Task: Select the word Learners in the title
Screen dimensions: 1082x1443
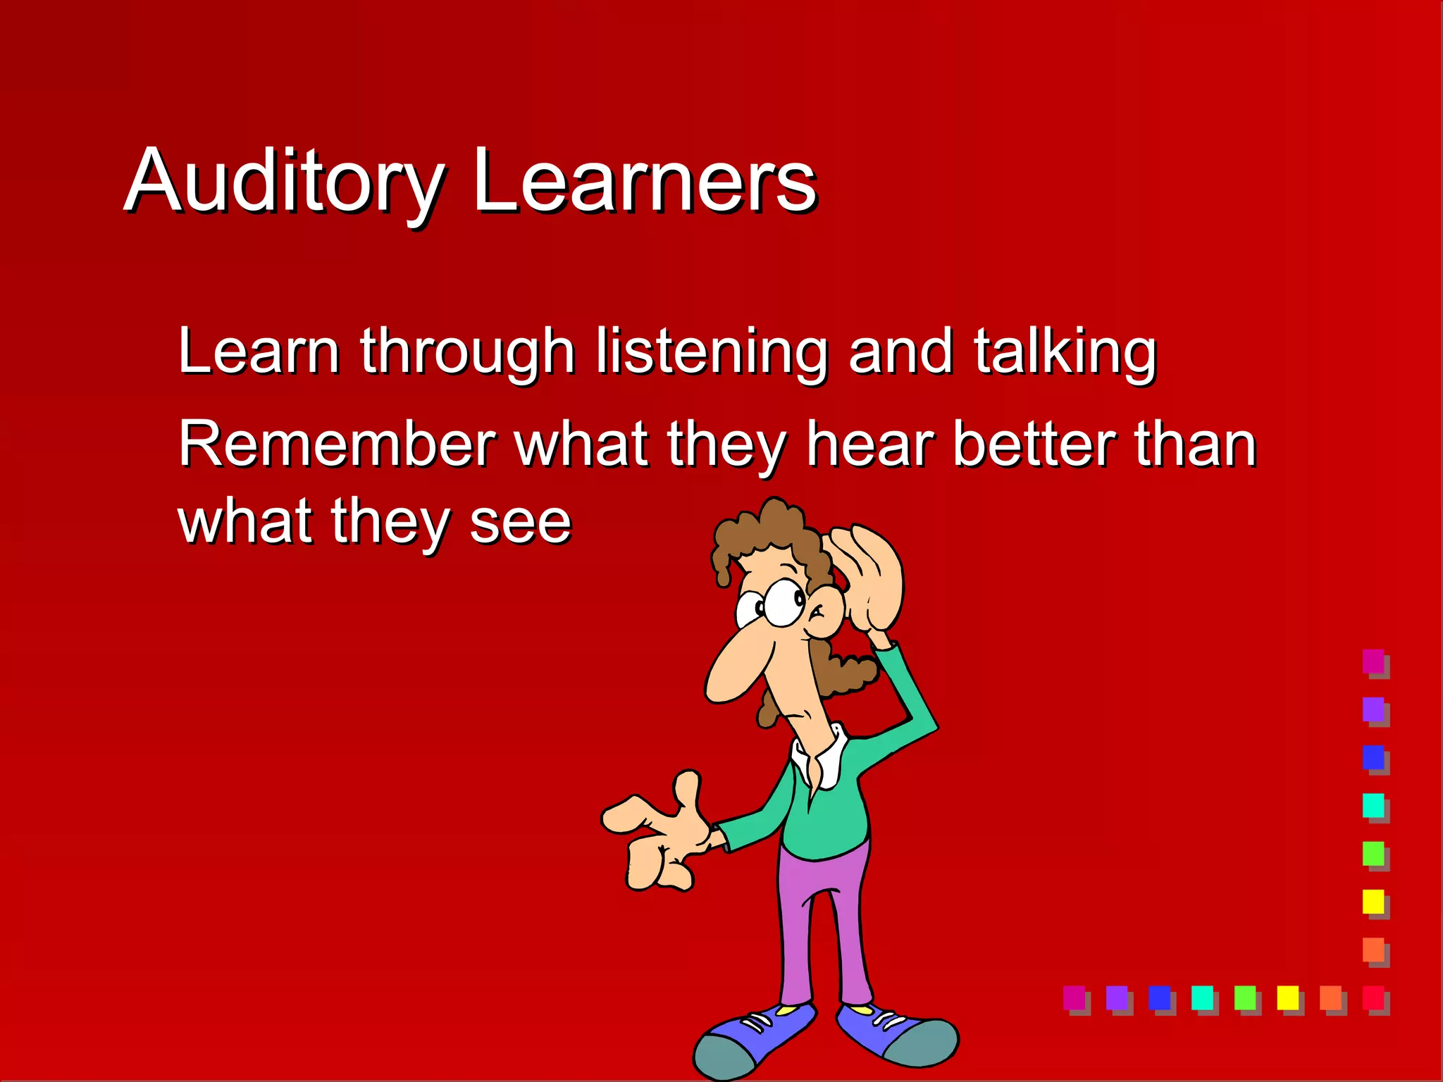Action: click(645, 182)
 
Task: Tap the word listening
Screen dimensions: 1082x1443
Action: click(712, 352)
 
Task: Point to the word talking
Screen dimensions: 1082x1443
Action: click(1065, 352)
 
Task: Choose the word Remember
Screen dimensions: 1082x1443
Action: click(337, 444)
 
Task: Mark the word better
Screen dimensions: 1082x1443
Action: click(1034, 444)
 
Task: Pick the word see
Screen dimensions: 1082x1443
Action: click(520, 523)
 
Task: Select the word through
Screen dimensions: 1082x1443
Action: click(467, 352)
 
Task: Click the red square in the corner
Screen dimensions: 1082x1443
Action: click(1373, 997)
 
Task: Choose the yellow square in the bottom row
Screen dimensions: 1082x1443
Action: click(1287, 997)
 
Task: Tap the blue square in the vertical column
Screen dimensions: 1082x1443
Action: click(1373, 757)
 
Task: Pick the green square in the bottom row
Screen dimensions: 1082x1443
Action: click(1245, 997)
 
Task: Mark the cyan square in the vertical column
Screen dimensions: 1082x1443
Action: click(1373, 805)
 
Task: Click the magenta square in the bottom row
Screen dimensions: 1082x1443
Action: click(1074, 997)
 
